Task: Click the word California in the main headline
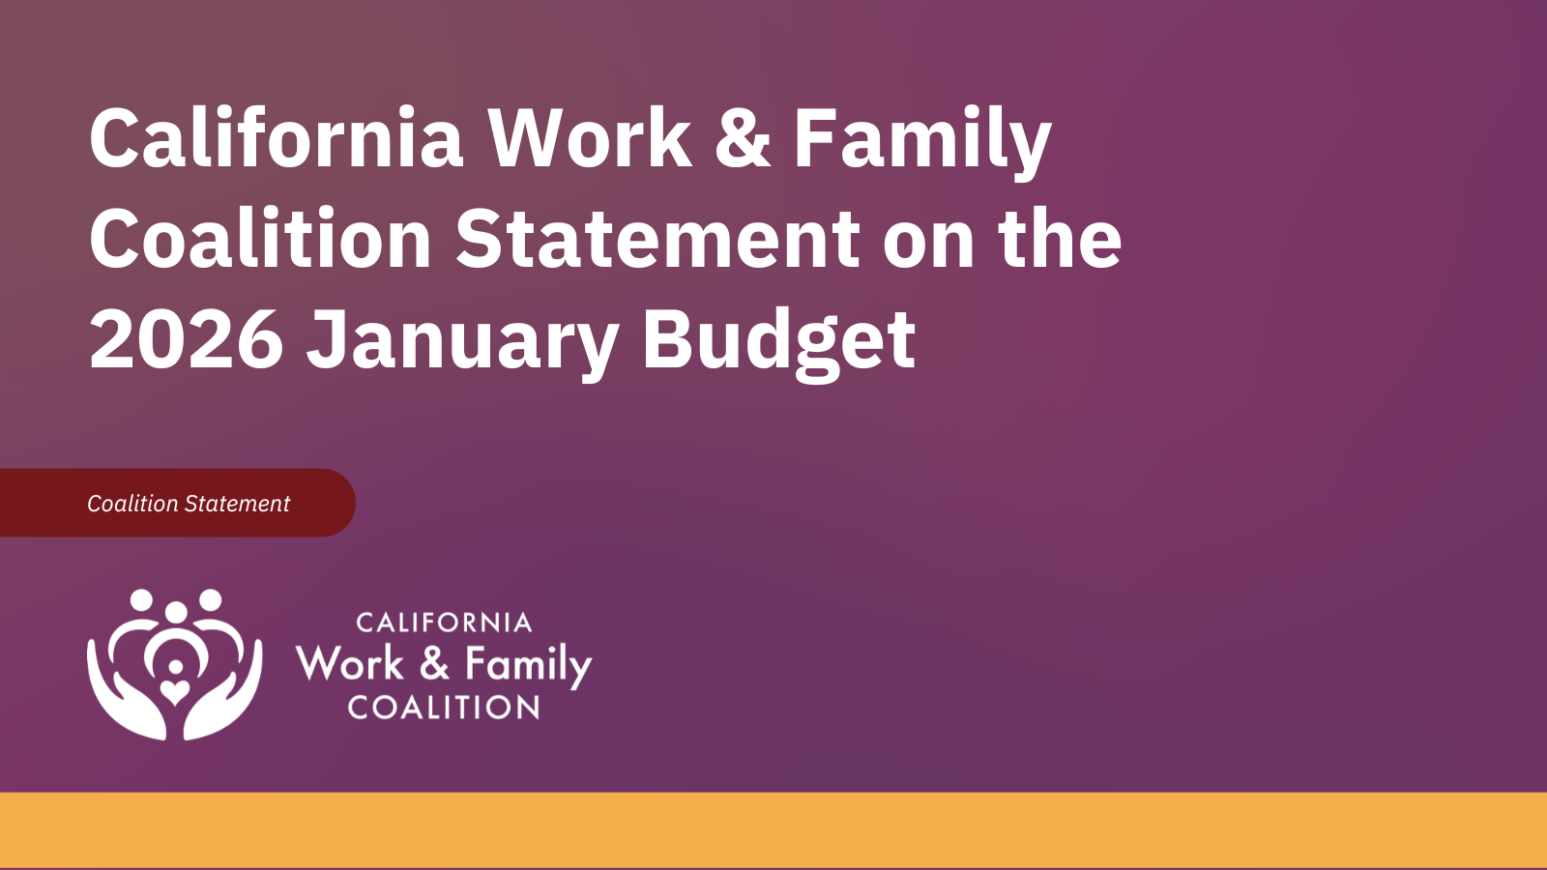coord(277,138)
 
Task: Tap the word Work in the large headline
coord(589,138)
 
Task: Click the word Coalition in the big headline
coord(260,239)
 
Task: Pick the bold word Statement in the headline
coord(657,239)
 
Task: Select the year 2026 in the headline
coord(187,339)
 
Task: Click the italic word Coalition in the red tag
coord(132,504)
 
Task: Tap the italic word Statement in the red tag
coord(237,504)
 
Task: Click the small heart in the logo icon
coord(175,691)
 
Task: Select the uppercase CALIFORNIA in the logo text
coord(444,623)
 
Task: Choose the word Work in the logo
coord(350,664)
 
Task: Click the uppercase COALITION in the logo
coord(444,708)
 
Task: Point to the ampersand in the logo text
coord(434,664)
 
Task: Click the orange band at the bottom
coord(773,829)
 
